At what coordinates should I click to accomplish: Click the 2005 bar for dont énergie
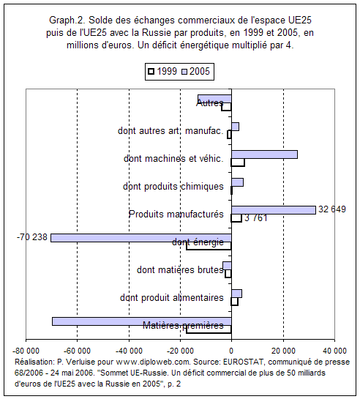(x=141, y=238)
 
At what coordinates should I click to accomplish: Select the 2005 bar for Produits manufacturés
(x=274, y=210)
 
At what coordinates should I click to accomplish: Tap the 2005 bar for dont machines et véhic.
(x=264, y=154)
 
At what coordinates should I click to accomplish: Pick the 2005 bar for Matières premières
(x=142, y=321)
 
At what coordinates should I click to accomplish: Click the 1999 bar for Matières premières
(x=209, y=329)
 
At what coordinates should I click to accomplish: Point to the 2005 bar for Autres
(x=214, y=99)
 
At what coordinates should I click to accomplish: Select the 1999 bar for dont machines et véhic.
(x=238, y=163)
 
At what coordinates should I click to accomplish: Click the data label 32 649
(x=332, y=209)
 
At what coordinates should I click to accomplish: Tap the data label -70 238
(x=32, y=237)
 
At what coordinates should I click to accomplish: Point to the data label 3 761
(x=256, y=218)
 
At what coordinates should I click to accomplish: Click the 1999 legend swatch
(x=151, y=72)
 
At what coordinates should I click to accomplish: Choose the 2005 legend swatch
(x=184, y=72)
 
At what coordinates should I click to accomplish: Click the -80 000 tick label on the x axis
(x=26, y=351)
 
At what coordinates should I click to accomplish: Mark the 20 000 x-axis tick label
(x=283, y=351)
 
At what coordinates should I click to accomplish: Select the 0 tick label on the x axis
(x=231, y=351)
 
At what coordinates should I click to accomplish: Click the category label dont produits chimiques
(x=173, y=186)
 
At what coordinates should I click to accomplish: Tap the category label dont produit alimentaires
(x=172, y=297)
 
